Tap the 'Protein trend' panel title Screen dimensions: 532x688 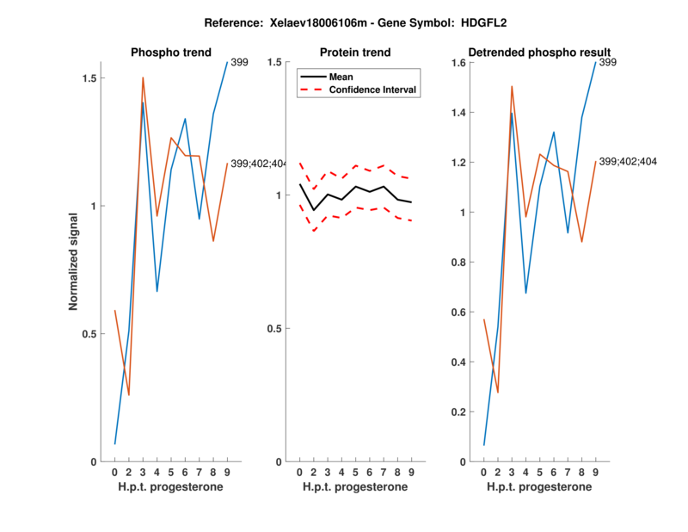click(x=354, y=53)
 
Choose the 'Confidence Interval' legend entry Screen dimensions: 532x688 click(x=372, y=90)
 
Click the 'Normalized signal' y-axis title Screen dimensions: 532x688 click(x=74, y=262)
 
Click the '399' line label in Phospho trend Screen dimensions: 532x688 click(x=240, y=62)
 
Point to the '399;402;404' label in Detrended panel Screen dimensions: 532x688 click(x=629, y=162)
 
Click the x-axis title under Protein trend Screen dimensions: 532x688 click(x=354, y=487)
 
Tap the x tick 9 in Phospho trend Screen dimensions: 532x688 click(x=227, y=473)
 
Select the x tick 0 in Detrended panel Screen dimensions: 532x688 click(x=484, y=473)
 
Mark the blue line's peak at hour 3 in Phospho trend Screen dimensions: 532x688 click(x=143, y=102)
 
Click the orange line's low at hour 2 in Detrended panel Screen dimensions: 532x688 click(x=497, y=393)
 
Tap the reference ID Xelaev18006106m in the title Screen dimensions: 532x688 click(x=304, y=22)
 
